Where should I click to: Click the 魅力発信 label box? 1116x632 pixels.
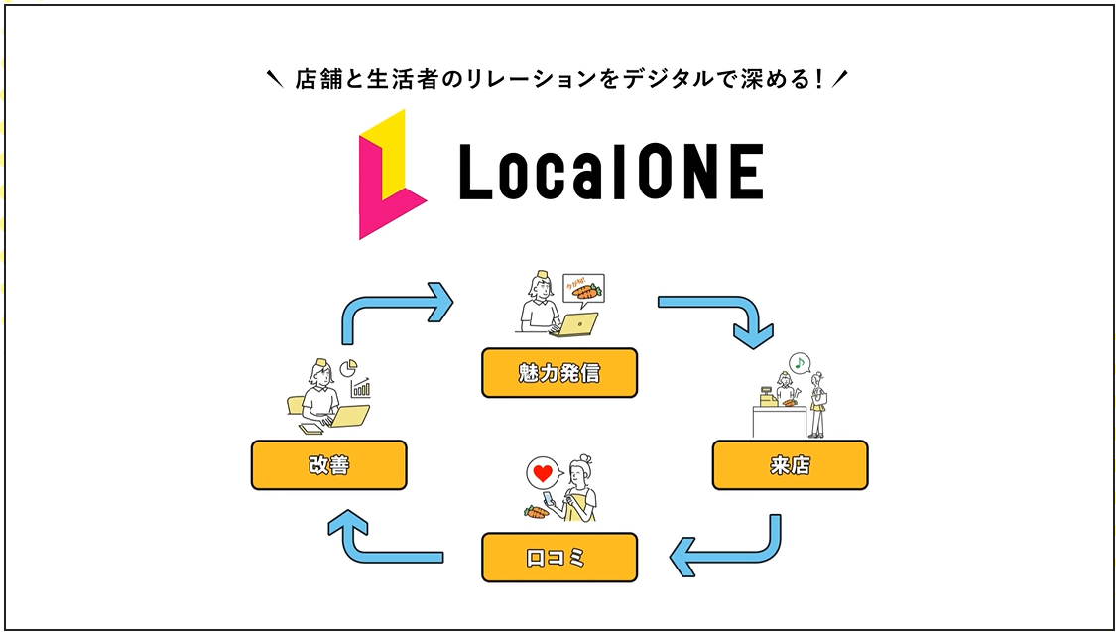558,373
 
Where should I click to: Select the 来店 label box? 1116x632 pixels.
790,465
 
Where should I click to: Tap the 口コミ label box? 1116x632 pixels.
558,558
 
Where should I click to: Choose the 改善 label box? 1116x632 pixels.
328,465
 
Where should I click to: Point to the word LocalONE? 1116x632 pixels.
610,173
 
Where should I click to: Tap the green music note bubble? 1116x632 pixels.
799,362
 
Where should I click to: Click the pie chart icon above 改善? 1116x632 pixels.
348,368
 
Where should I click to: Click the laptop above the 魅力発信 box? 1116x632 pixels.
579,324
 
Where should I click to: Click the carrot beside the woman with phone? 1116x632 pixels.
536,513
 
